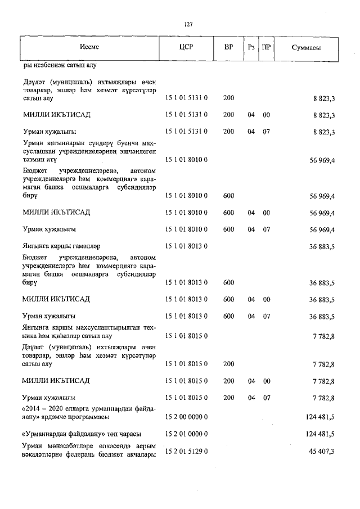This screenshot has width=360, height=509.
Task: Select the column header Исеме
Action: (x=89, y=47)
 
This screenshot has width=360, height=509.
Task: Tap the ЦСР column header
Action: (x=186, y=47)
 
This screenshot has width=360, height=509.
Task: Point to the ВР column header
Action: (x=228, y=47)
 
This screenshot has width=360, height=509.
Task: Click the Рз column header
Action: (x=251, y=47)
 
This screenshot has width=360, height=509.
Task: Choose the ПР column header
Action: (x=267, y=47)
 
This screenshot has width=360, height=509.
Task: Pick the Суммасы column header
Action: (x=306, y=48)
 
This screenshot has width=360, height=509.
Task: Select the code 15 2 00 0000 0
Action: (x=186, y=417)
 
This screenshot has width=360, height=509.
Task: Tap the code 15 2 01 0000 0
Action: (x=186, y=434)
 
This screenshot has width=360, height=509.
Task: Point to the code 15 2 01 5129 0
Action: (x=186, y=452)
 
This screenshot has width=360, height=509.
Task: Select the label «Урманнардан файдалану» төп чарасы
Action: (x=81, y=434)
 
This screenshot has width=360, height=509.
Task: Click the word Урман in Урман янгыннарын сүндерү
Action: (x=33, y=143)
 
